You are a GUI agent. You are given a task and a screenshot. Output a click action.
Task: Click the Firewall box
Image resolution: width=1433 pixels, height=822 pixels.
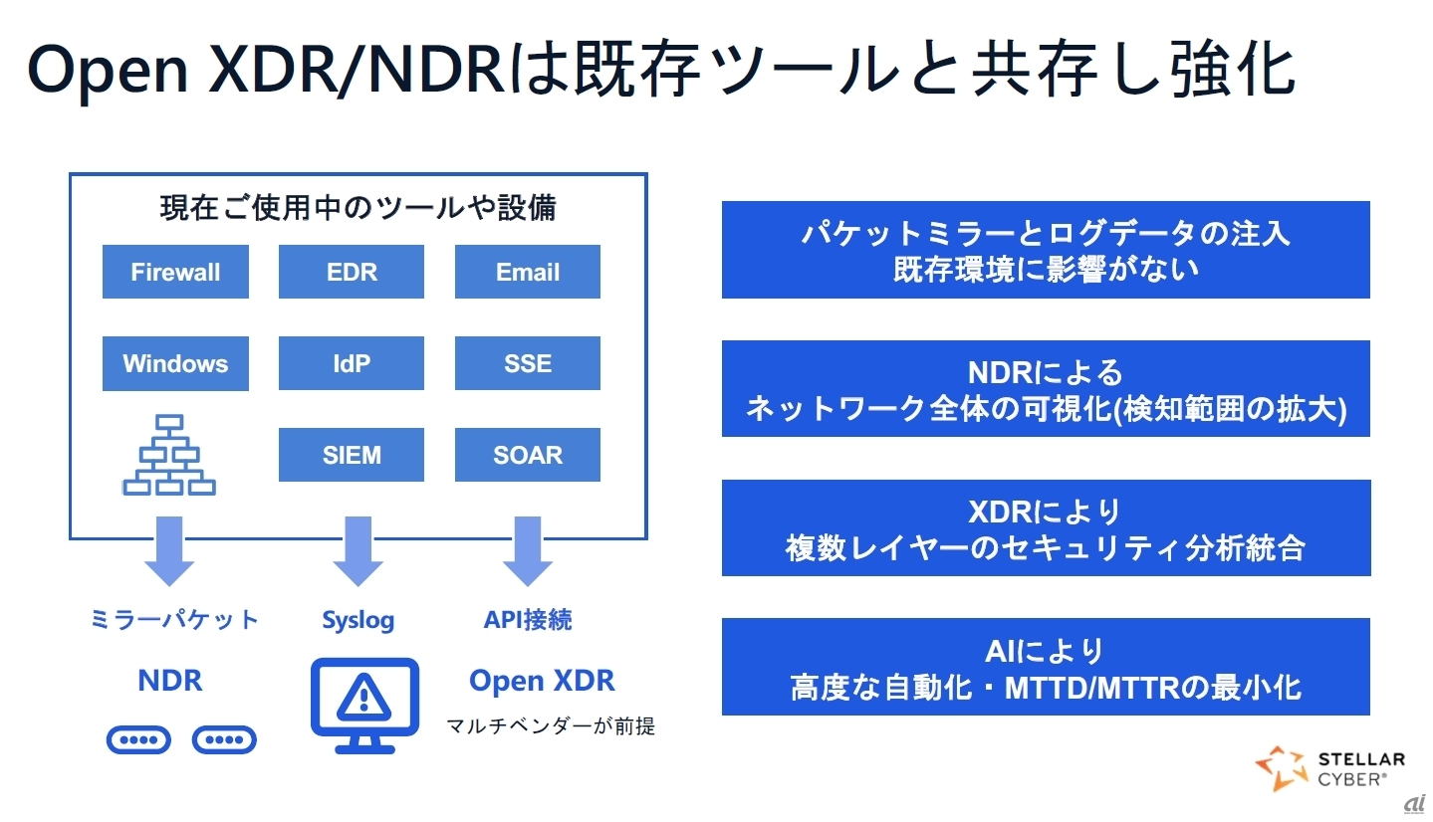(175, 272)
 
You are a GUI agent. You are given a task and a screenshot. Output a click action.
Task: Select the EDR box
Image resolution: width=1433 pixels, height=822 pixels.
(352, 272)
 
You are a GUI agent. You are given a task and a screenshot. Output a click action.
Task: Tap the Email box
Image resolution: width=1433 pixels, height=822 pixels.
(528, 272)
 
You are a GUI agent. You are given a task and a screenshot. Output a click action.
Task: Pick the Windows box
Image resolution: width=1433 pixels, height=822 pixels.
(175, 363)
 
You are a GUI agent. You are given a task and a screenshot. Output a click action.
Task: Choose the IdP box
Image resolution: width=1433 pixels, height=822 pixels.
(352, 363)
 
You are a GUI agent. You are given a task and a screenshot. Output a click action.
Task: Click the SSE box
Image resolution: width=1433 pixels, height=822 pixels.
(528, 363)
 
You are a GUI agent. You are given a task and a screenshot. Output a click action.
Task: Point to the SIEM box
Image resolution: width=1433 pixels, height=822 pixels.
(352, 455)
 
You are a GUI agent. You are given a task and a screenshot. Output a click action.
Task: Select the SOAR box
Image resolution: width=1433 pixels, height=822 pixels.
(528, 455)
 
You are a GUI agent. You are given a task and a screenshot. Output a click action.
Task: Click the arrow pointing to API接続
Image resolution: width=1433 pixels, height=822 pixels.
(528, 551)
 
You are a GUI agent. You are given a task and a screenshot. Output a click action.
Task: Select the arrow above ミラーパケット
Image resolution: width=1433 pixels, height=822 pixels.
(169, 551)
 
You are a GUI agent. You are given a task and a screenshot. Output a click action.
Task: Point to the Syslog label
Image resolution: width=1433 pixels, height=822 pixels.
(358, 621)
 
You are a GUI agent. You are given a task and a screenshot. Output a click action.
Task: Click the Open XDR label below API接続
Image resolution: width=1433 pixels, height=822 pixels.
(542, 681)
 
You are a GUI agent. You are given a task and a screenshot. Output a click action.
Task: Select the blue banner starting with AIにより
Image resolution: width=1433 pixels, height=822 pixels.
(1046, 667)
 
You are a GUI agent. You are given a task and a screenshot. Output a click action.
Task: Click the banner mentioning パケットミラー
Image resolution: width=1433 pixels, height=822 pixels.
(1046, 250)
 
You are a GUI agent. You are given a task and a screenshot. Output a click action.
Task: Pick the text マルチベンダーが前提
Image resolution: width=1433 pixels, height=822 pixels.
(550, 726)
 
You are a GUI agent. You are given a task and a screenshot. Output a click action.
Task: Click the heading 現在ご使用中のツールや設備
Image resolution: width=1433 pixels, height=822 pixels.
(358, 207)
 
